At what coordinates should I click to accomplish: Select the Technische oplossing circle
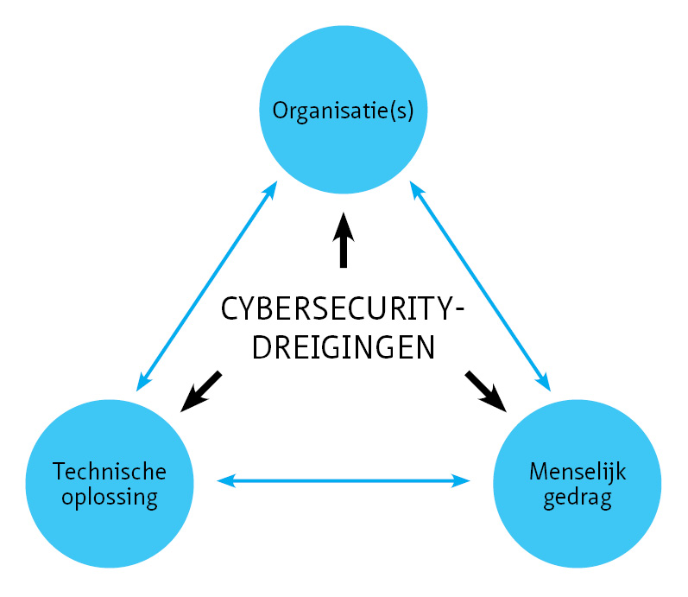click(x=110, y=518)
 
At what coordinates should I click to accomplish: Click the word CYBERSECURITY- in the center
click(x=342, y=309)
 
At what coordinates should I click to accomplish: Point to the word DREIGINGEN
click(x=342, y=347)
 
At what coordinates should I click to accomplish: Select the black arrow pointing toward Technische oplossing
click(x=201, y=391)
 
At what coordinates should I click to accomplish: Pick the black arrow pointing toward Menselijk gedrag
click(x=484, y=390)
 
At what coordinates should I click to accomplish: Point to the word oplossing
click(x=109, y=499)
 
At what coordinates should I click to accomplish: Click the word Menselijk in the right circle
click(x=577, y=473)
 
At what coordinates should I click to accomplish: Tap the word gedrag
click(x=577, y=499)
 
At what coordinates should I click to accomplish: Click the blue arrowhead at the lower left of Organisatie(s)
click(x=271, y=189)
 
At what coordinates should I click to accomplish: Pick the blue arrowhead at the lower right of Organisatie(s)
click(x=414, y=189)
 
